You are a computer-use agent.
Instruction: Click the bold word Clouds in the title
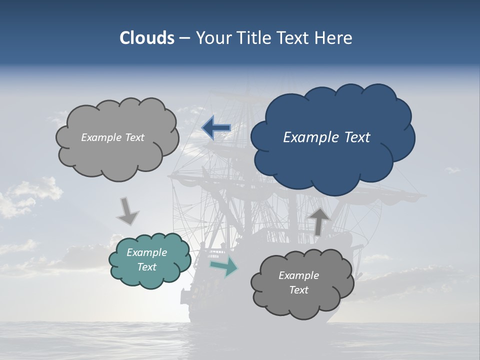tap(147, 38)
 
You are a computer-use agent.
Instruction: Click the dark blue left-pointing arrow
tap(216, 128)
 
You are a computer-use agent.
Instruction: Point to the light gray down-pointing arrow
tap(127, 210)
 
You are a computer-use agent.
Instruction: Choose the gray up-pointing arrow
tap(318, 221)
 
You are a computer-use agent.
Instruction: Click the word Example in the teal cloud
tap(147, 252)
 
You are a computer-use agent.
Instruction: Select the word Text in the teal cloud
tap(147, 267)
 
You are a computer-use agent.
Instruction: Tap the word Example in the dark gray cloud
tap(298, 275)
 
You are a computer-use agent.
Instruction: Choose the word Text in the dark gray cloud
tap(298, 290)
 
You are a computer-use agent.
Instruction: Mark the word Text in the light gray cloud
tap(134, 137)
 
